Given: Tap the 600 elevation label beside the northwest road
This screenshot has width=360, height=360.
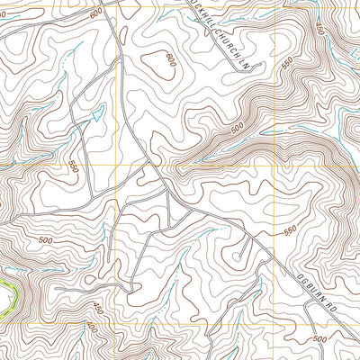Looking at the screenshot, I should coord(96,14).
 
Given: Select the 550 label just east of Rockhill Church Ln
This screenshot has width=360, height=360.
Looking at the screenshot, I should coord(287,66).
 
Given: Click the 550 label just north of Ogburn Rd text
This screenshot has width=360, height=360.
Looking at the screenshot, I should coord(290,230).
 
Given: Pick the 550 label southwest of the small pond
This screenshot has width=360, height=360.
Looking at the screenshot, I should coord(73,166).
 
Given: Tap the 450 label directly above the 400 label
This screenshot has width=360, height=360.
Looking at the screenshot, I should coord(98,310).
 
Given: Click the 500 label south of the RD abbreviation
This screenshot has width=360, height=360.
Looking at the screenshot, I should coord(319,339).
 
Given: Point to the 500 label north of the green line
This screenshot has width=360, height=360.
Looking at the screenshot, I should coord(45,241).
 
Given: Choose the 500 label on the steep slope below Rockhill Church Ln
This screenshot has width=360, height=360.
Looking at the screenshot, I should coord(237,130).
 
